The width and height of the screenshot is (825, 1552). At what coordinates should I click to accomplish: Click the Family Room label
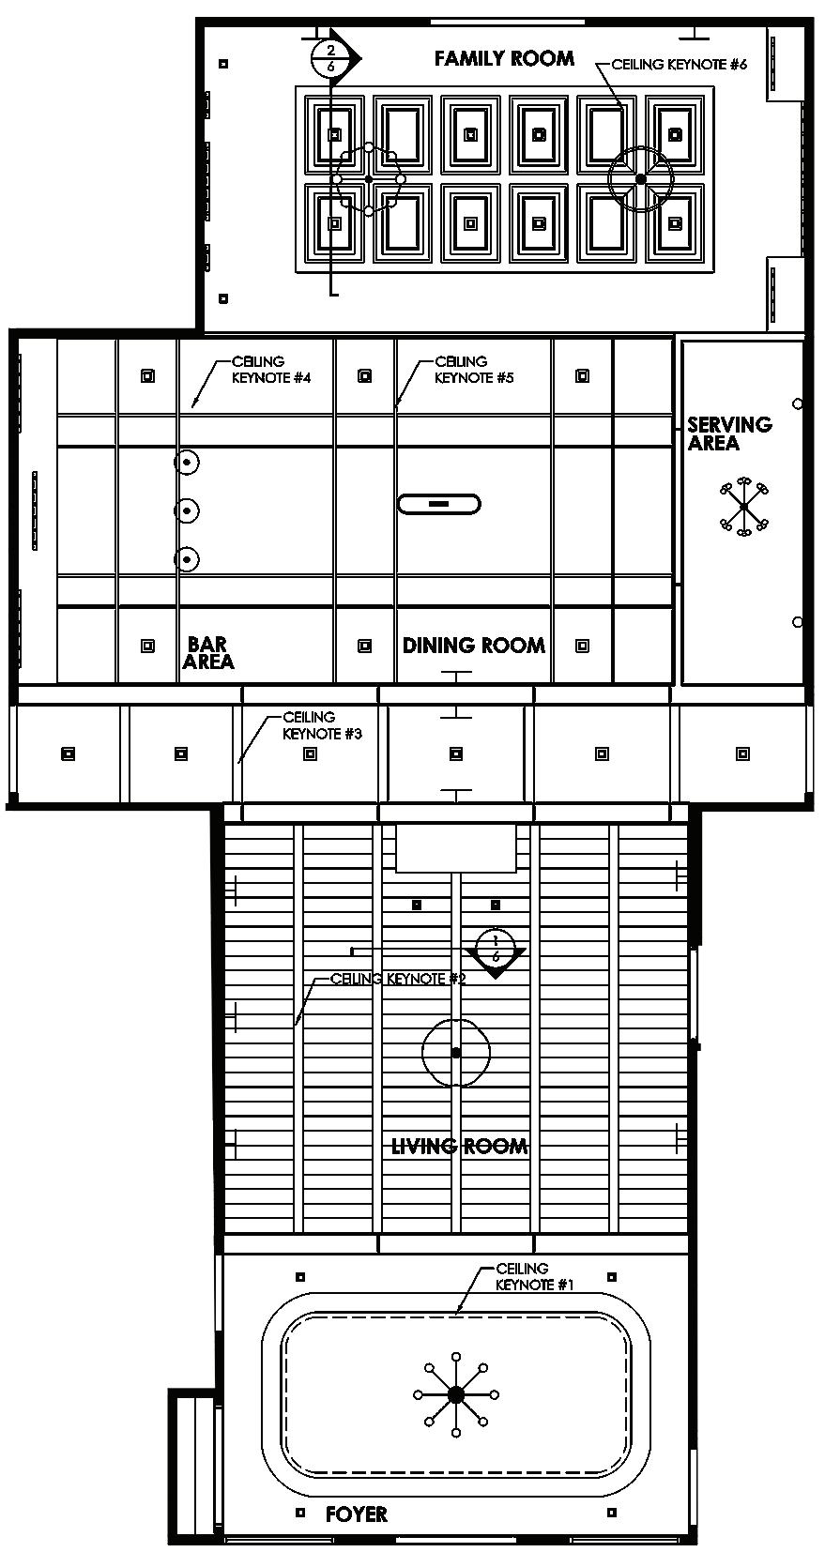[504, 59]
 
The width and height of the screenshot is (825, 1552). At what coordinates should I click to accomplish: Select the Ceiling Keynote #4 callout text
[271, 370]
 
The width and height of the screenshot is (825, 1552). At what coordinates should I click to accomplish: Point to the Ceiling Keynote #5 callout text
[474, 370]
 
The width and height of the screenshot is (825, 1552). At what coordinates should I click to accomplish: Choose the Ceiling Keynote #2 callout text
[398, 979]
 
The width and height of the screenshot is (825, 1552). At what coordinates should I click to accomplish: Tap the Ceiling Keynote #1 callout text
[534, 1277]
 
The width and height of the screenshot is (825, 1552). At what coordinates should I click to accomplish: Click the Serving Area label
[728, 434]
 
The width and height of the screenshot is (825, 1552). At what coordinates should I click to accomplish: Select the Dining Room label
[473, 646]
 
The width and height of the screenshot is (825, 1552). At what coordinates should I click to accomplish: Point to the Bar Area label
[208, 653]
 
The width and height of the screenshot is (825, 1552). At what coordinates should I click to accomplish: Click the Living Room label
[459, 1146]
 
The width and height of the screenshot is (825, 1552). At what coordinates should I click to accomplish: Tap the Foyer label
[356, 1514]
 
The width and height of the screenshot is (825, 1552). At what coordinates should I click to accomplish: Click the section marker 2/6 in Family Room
[330, 57]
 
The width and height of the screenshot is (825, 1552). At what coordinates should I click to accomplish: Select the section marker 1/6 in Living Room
[495, 949]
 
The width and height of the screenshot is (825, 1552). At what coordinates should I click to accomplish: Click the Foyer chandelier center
[456, 1395]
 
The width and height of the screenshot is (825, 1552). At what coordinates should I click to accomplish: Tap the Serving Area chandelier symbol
[743, 507]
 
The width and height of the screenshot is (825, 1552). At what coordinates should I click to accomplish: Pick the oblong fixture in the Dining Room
[439, 504]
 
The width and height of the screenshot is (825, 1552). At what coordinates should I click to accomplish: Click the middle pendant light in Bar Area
[187, 510]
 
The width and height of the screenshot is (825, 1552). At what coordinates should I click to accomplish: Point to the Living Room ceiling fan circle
[456, 1053]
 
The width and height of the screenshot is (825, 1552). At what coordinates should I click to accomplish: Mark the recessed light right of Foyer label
[613, 1513]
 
